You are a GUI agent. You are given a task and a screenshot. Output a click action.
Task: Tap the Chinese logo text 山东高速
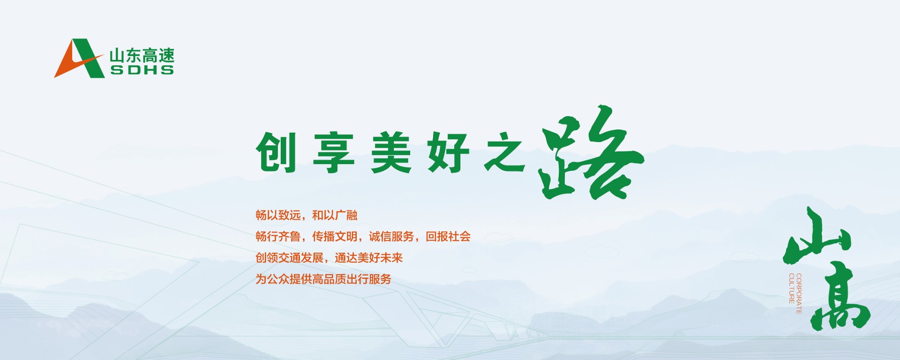click(142, 56)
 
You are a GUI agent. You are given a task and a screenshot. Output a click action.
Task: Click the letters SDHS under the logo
click(142, 70)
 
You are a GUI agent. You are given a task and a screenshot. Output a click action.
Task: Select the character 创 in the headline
click(277, 152)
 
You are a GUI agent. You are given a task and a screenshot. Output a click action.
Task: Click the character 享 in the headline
click(334, 153)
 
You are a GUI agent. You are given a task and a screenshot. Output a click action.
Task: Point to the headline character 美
click(391, 153)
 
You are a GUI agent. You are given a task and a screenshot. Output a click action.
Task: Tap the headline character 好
click(448, 153)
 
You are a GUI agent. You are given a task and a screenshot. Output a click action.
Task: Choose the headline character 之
click(505, 153)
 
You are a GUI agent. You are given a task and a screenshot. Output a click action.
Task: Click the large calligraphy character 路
click(591, 152)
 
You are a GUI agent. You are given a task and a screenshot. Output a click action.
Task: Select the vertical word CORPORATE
click(799, 293)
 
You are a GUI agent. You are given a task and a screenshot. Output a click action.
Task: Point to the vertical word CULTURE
click(791, 288)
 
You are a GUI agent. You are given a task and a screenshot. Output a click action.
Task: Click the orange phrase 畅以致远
click(278, 215)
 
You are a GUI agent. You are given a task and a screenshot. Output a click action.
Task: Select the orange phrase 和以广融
click(335, 215)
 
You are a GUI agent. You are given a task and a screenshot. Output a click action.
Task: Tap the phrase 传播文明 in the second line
click(335, 236)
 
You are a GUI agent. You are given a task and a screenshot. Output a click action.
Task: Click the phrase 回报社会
click(448, 236)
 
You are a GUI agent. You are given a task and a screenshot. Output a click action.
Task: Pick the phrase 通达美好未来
click(369, 258)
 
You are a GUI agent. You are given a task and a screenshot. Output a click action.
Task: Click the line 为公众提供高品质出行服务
click(323, 279)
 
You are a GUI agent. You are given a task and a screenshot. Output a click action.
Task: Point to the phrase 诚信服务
click(391, 236)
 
